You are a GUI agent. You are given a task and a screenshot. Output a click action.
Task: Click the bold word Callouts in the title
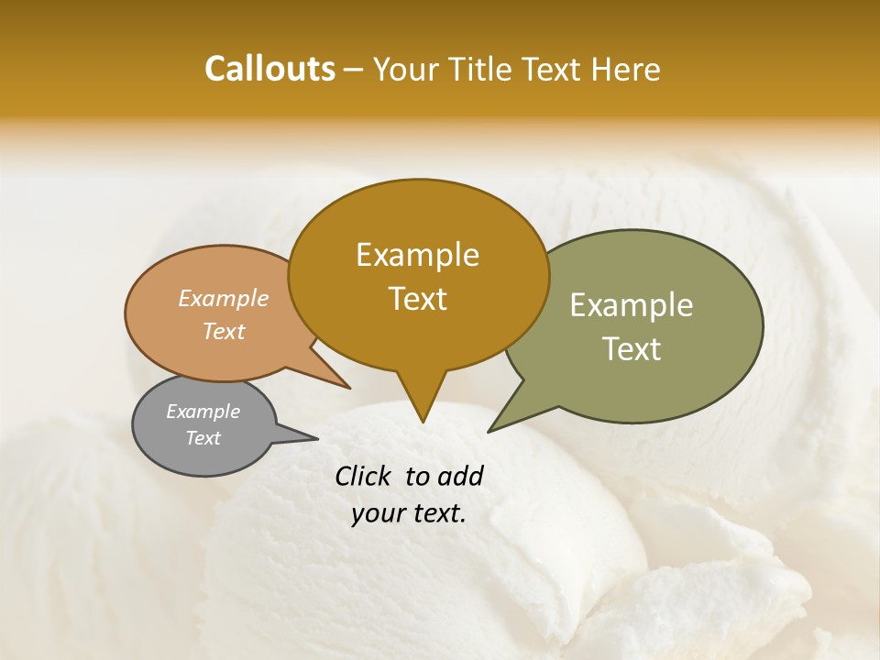tap(269, 69)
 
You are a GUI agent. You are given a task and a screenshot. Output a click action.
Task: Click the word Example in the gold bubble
tap(417, 255)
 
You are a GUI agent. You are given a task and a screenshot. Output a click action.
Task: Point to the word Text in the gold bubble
tap(417, 299)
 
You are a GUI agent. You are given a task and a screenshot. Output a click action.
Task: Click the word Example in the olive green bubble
tap(632, 305)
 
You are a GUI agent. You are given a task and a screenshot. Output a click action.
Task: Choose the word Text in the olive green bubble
tap(632, 349)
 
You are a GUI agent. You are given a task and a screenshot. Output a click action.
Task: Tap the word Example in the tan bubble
tap(224, 299)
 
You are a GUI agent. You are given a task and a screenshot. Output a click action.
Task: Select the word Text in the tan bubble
tap(224, 332)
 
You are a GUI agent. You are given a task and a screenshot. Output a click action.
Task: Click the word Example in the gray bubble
tap(203, 412)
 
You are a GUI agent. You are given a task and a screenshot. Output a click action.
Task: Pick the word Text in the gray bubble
tap(203, 438)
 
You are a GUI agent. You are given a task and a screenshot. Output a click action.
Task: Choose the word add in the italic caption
tap(460, 476)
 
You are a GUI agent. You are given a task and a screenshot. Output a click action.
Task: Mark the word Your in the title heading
tap(406, 69)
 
